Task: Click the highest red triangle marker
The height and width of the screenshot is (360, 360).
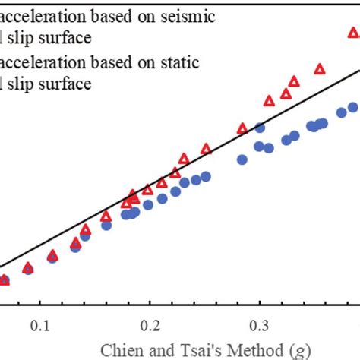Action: coord(353,32)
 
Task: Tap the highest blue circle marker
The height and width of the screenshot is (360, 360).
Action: coord(353,108)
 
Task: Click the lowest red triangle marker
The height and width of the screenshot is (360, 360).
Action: coord(4,280)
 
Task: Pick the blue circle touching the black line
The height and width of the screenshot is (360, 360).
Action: coord(260,128)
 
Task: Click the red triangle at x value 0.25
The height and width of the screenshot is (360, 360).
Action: coord(206,150)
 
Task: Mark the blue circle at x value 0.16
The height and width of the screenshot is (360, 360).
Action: coord(106,225)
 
